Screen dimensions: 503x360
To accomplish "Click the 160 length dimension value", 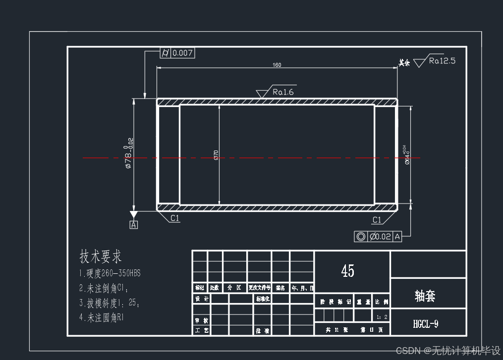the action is tap(277, 65).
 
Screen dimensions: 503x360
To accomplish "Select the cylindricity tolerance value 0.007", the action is tap(182, 53).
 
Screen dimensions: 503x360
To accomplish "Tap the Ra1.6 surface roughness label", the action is tap(283, 92).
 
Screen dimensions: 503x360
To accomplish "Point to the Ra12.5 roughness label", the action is tap(442, 61).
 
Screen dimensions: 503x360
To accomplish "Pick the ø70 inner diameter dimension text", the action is tap(216, 155).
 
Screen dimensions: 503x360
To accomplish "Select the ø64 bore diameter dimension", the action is tap(407, 154).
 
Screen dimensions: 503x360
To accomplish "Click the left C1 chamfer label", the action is tap(175, 218).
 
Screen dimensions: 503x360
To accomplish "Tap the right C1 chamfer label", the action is tap(377, 220).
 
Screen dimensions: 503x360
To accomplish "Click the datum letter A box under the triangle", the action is tap(133, 225).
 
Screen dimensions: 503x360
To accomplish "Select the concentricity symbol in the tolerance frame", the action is tap(361, 237).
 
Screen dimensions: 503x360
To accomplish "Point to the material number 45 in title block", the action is tap(348, 270).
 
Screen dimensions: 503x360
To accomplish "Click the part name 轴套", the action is tap(425, 296).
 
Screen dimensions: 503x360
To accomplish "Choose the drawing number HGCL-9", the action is tap(426, 324).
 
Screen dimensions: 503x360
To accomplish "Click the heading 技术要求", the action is tap(101, 257).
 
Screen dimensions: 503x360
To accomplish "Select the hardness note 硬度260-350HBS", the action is tap(110, 273).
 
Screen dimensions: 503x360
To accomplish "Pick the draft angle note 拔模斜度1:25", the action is tap(109, 303).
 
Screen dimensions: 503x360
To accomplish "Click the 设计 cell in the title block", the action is tap(202, 299).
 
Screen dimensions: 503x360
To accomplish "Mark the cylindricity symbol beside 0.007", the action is tap(166, 53).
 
